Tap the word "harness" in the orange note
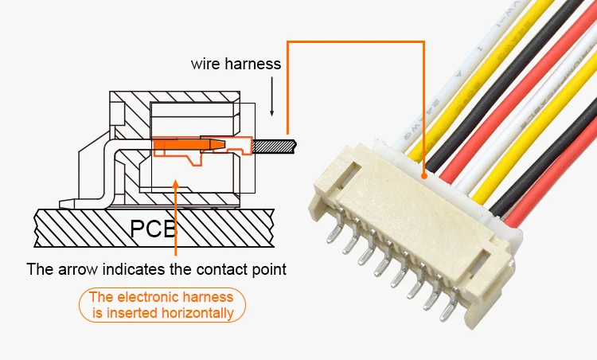tap(209, 298)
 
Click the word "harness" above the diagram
tap(254, 64)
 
